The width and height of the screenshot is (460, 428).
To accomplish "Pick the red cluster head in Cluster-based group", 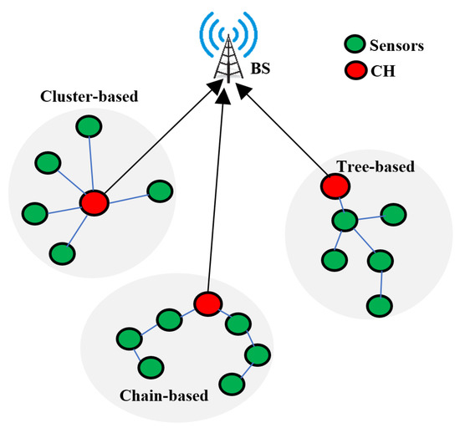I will tap(94, 202).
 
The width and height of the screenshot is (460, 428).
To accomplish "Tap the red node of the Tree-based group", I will tap(335, 185).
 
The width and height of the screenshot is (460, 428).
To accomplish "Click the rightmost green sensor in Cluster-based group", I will tap(159, 191).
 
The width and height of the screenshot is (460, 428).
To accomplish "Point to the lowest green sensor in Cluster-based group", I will tap(62, 252).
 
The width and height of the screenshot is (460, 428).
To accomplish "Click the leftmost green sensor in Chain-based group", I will tap(127, 339).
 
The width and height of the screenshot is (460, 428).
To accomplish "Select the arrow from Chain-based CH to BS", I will tap(214, 192).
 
